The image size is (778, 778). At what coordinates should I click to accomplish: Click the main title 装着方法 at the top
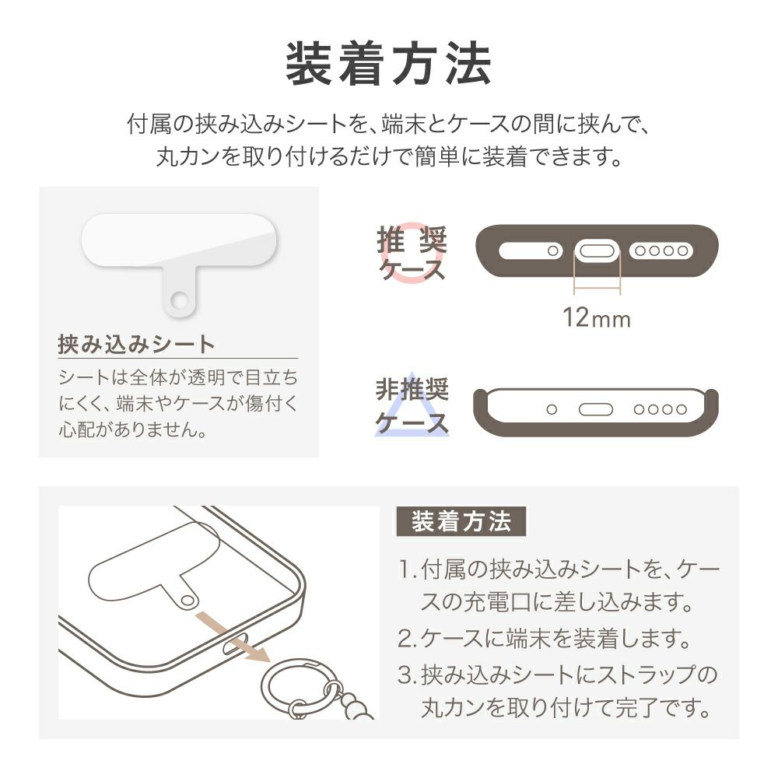[x=388, y=64]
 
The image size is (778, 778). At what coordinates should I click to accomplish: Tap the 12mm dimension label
[x=597, y=317]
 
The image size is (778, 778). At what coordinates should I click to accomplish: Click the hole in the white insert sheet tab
[x=179, y=300]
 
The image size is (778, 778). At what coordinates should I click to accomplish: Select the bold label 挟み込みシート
[x=136, y=344]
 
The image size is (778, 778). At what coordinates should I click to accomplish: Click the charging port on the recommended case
[x=598, y=251]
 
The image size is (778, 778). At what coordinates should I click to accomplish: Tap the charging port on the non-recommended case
[x=596, y=409]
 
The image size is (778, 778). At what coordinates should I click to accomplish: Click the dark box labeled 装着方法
[x=461, y=521]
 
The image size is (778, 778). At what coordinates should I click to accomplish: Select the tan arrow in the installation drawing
[x=232, y=636]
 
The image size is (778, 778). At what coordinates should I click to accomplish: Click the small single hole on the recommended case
[x=552, y=251]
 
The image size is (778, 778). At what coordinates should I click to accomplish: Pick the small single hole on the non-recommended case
[x=552, y=409]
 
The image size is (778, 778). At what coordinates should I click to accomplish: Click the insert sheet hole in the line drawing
[x=187, y=601]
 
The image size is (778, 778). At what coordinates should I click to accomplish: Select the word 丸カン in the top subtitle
[x=188, y=157]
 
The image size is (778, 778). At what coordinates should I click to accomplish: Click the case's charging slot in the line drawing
[x=235, y=644]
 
